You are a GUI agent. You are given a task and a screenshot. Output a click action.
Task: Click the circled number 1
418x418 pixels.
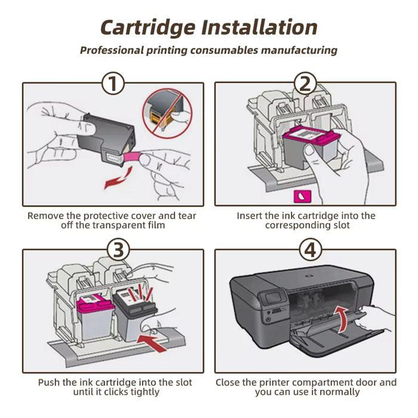pos(113,84)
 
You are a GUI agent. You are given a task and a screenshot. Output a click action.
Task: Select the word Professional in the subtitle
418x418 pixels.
pos(112,50)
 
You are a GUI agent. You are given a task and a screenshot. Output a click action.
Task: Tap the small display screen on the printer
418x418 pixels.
pos(275,296)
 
